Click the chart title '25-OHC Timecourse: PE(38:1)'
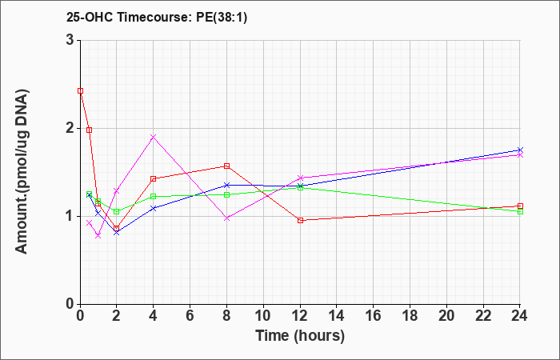click(x=157, y=18)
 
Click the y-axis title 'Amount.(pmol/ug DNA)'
click(x=22, y=172)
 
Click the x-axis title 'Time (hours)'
click(x=300, y=336)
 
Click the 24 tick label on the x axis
click(x=520, y=316)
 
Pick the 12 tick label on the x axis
click(x=300, y=316)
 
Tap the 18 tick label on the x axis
click(x=410, y=316)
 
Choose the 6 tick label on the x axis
click(x=190, y=316)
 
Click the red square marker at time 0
click(x=80, y=90)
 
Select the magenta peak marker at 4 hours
click(x=154, y=137)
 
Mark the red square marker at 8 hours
click(x=226, y=166)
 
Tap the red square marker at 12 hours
click(x=300, y=220)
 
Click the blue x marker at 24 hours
click(x=520, y=150)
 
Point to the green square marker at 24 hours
click(x=520, y=211)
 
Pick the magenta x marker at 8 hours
click(x=226, y=218)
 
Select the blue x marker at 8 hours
click(x=226, y=185)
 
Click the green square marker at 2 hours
click(x=117, y=211)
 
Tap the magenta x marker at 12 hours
click(x=300, y=178)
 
